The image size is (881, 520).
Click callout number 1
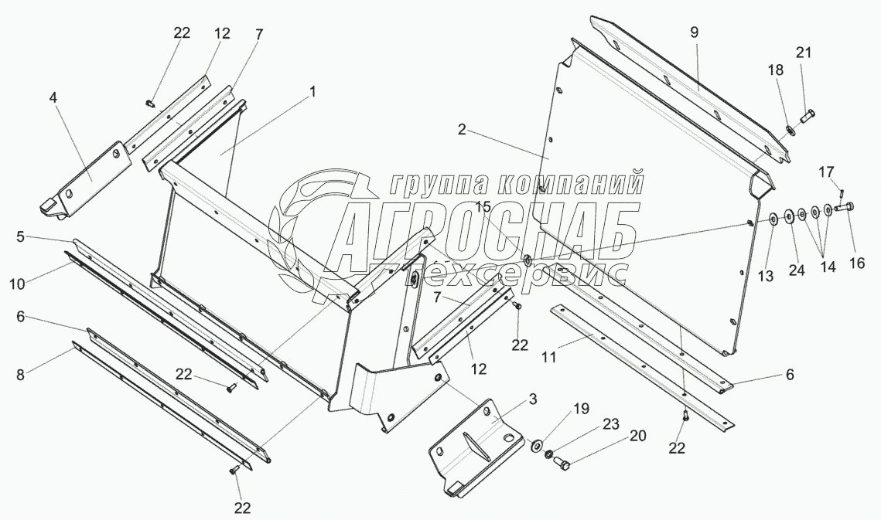312,91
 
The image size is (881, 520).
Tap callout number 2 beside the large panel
461,130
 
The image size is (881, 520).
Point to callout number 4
53,98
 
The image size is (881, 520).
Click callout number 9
694,33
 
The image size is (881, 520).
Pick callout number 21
804,52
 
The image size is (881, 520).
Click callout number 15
483,206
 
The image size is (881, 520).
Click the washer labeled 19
536,446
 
